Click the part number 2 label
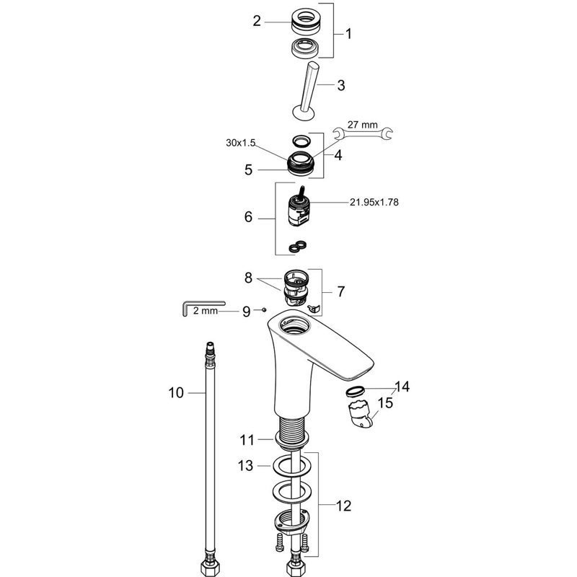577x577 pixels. point(257,21)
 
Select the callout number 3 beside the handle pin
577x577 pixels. point(341,85)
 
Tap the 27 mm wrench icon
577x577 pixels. point(363,133)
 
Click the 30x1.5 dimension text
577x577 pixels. point(241,143)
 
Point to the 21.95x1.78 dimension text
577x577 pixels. point(374,203)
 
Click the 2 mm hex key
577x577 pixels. point(203,308)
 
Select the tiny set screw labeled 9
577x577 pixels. point(264,310)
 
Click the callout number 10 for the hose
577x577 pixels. point(176,392)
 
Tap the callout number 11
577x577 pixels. point(247,440)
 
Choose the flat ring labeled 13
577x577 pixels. point(291,465)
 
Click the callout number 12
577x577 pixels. point(344,506)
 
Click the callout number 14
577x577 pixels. point(402,387)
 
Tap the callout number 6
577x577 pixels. point(248,217)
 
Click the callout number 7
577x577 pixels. point(341,291)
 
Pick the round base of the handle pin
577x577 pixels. point(304,113)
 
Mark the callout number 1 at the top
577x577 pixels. point(348,34)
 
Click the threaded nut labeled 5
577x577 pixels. point(301,164)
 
